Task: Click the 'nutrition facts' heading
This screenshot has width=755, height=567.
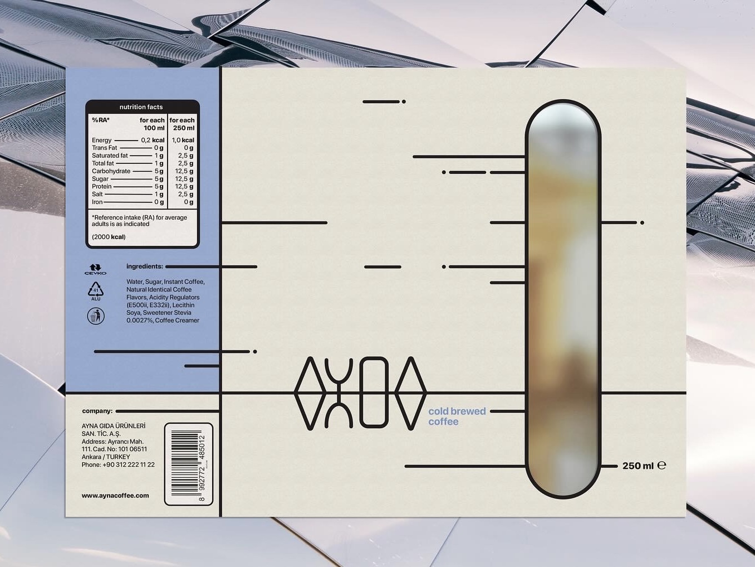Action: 141,107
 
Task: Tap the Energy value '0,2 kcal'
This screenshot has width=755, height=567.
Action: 153,140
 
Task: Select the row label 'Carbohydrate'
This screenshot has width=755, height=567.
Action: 111,171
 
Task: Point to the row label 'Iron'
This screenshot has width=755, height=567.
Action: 97,202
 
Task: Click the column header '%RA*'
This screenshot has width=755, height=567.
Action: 100,120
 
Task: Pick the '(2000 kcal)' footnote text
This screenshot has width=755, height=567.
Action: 109,237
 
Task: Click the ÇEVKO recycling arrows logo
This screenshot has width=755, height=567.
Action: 95,269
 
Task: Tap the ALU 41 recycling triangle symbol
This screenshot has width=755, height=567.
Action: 96,291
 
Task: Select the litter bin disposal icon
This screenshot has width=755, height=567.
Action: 96,316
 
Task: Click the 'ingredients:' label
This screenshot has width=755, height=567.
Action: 145,266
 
